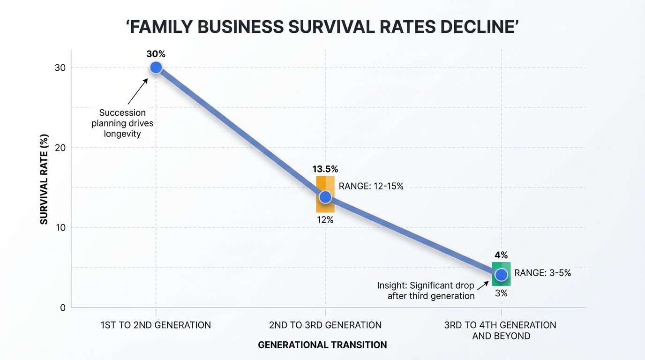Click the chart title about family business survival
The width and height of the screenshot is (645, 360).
click(x=322, y=27)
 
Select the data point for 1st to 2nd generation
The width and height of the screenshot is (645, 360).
click(x=156, y=68)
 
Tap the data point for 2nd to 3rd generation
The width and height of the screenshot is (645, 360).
click(x=325, y=197)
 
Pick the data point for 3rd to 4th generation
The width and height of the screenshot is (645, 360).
click(x=501, y=275)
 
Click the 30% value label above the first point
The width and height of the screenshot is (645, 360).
click(x=156, y=54)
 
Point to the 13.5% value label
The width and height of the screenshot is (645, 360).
click(x=325, y=169)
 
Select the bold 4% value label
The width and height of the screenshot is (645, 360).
click(x=501, y=255)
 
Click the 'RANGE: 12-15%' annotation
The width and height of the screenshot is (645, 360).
click(x=371, y=186)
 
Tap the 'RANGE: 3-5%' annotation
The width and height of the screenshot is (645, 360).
click(x=542, y=273)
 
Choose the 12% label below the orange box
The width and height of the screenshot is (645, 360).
click(x=325, y=219)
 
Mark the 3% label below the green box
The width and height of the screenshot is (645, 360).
click(x=501, y=294)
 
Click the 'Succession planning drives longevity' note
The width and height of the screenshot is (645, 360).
click(x=122, y=123)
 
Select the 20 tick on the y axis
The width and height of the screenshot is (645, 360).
click(x=60, y=148)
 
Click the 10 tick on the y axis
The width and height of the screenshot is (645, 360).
click(x=60, y=228)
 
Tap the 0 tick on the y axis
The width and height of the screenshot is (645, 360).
click(x=62, y=308)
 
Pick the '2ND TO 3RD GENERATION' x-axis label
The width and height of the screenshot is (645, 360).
click(x=325, y=325)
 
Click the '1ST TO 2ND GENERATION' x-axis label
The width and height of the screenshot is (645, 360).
click(x=156, y=325)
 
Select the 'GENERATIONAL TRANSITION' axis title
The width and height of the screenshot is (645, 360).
click(x=322, y=345)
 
